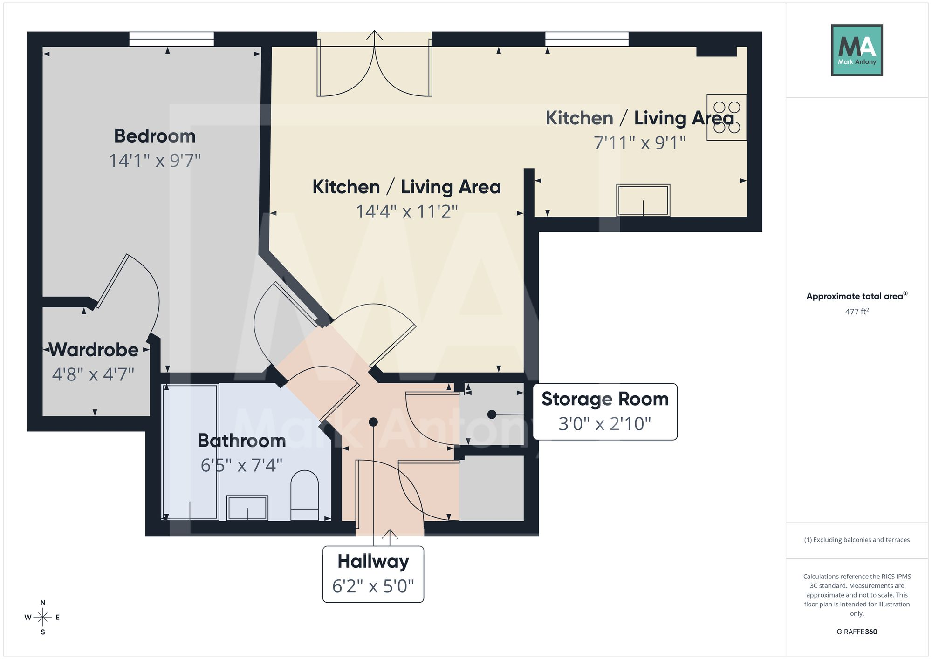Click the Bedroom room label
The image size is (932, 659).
coord(155,136)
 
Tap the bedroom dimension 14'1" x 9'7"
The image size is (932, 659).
coord(155,161)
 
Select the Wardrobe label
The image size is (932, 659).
coord(94,350)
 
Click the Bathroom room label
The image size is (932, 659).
coord(241,441)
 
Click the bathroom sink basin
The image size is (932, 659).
coord(247,508)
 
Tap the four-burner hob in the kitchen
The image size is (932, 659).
coord(726,117)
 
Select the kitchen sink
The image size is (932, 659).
coord(643,200)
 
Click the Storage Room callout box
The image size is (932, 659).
coord(605,412)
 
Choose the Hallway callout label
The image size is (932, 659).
coord(373,574)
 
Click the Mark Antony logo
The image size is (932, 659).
coord(857,50)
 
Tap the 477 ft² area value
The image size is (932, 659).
coord(857,312)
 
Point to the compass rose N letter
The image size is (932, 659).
coord(43,603)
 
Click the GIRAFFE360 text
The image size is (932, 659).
coord(857,632)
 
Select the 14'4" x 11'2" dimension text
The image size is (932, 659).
coord(407,212)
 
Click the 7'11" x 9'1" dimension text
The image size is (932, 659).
coord(640,143)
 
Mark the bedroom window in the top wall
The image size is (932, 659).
coord(171,39)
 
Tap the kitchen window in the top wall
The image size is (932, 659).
coord(587,39)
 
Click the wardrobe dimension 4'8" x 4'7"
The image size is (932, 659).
coord(93,374)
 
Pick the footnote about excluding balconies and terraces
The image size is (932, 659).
coord(857,540)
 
